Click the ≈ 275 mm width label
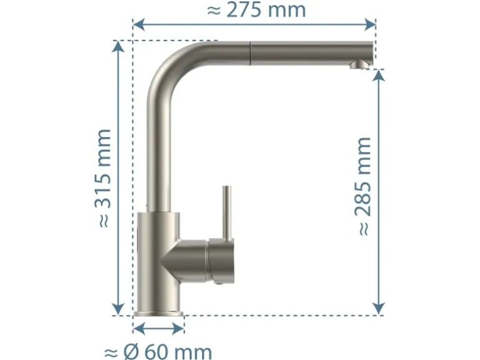pos(256,10)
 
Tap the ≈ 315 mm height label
pos(103,178)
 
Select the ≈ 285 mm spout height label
pos(363,186)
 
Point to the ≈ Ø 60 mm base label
pos(158,352)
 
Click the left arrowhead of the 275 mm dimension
pos(138,24)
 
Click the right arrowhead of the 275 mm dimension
pos(370,24)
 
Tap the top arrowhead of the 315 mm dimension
pos(118,47)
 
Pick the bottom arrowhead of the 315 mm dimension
pos(118,309)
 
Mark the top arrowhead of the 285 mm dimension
pos(379,75)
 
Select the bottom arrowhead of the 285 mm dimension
pos(379,309)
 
